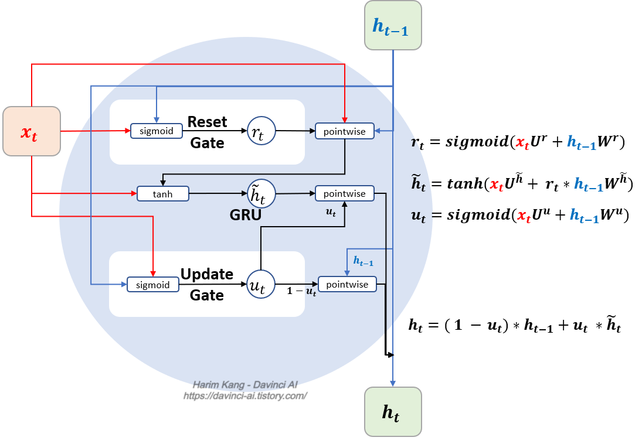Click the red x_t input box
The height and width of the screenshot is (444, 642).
click(x=32, y=131)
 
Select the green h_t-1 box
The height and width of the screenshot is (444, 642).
click(x=393, y=25)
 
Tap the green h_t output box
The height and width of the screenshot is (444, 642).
click(x=393, y=412)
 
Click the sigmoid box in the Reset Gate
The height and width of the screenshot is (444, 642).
click(x=156, y=131)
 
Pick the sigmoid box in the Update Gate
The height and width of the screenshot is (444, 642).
click(x=152, y=285)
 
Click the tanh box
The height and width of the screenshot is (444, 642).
click(x=163, y=193)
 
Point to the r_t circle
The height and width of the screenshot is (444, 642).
click(x=259, y=131)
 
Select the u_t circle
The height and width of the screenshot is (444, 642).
click(x=260, y=285)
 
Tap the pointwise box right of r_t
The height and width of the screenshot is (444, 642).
click(x=345, y=132)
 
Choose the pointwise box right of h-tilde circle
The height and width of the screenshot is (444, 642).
click(x=345, y=194)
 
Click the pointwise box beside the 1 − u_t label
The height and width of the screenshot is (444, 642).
click(x=347, y=285)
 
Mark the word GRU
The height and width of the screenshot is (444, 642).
click(x=246, y=215)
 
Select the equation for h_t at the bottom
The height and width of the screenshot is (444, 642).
click(x=515, y=326)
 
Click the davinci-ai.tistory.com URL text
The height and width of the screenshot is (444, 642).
click(x=245, y=396)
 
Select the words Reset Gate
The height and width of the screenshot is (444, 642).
click(x=208, y=132)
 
